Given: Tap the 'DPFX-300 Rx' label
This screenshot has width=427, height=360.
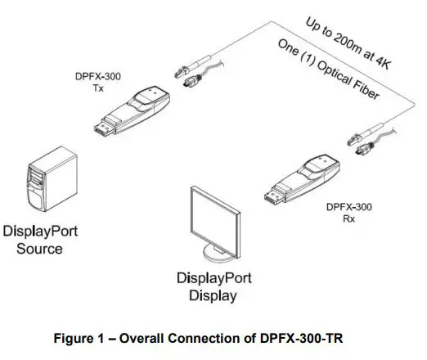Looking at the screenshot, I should click(x=348, y=214).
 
